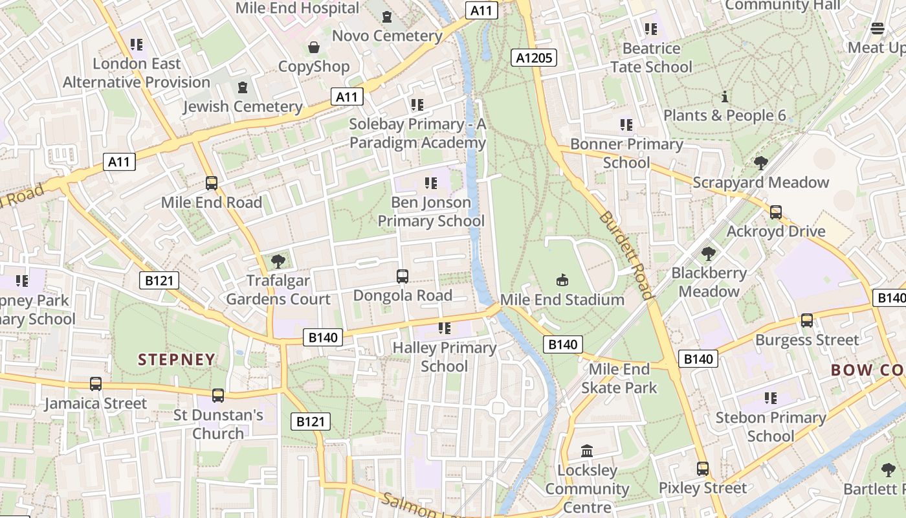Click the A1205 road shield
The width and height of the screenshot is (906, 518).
click(x=535, y=58)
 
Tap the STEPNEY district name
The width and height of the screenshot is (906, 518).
click(x=177, y=359)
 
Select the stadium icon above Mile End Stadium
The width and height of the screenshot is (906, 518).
click(x=562, y=280)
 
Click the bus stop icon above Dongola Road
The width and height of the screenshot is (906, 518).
click(x=402, y=276)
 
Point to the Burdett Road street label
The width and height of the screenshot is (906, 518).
click(x=626, y=254)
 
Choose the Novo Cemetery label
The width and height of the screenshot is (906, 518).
click(x=387, y=36)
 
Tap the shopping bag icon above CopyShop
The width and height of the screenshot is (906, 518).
click(x=314, y=47)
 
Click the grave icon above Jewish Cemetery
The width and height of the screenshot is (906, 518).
click(x=243, y=87)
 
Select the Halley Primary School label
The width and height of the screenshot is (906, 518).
click(x=445, y=357)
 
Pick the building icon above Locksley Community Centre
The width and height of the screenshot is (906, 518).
click(x=587, y=451)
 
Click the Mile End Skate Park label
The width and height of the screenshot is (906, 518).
click(x=619, y=379)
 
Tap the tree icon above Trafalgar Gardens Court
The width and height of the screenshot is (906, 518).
click(x=278, y=262)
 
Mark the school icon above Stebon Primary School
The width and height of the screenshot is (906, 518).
click(x=770, y=398)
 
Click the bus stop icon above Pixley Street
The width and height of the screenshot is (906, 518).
click(x=703, y=468)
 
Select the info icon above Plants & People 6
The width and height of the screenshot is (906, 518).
click(x=725, y=96)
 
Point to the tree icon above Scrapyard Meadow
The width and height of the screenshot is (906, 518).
click(x=760, y=163)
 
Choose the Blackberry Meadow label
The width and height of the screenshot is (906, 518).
click(x=709, y=282)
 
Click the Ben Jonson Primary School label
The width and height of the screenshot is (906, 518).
click(x=431, y=212)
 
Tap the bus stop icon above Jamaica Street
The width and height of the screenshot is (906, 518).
click(x=96, y=384)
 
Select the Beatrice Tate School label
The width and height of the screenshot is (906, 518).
click(x=651, y=58)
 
